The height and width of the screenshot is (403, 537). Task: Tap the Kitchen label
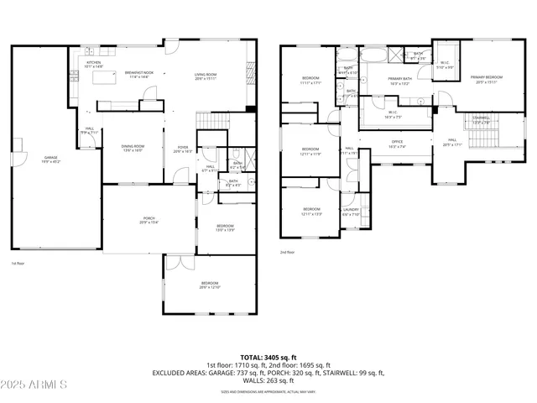[93, 64]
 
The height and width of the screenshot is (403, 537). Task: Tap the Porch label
[148, 221]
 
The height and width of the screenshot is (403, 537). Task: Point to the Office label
[398, 144]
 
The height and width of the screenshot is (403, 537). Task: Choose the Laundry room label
[351, 212]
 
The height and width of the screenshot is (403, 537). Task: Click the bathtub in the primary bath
[373, 56]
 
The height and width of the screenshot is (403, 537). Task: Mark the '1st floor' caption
[18, 264]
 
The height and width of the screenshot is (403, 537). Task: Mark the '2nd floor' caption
[288, 250]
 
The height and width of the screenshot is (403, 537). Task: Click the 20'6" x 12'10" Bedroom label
[210, 285]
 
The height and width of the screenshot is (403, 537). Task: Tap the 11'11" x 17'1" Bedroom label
[310, 80]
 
